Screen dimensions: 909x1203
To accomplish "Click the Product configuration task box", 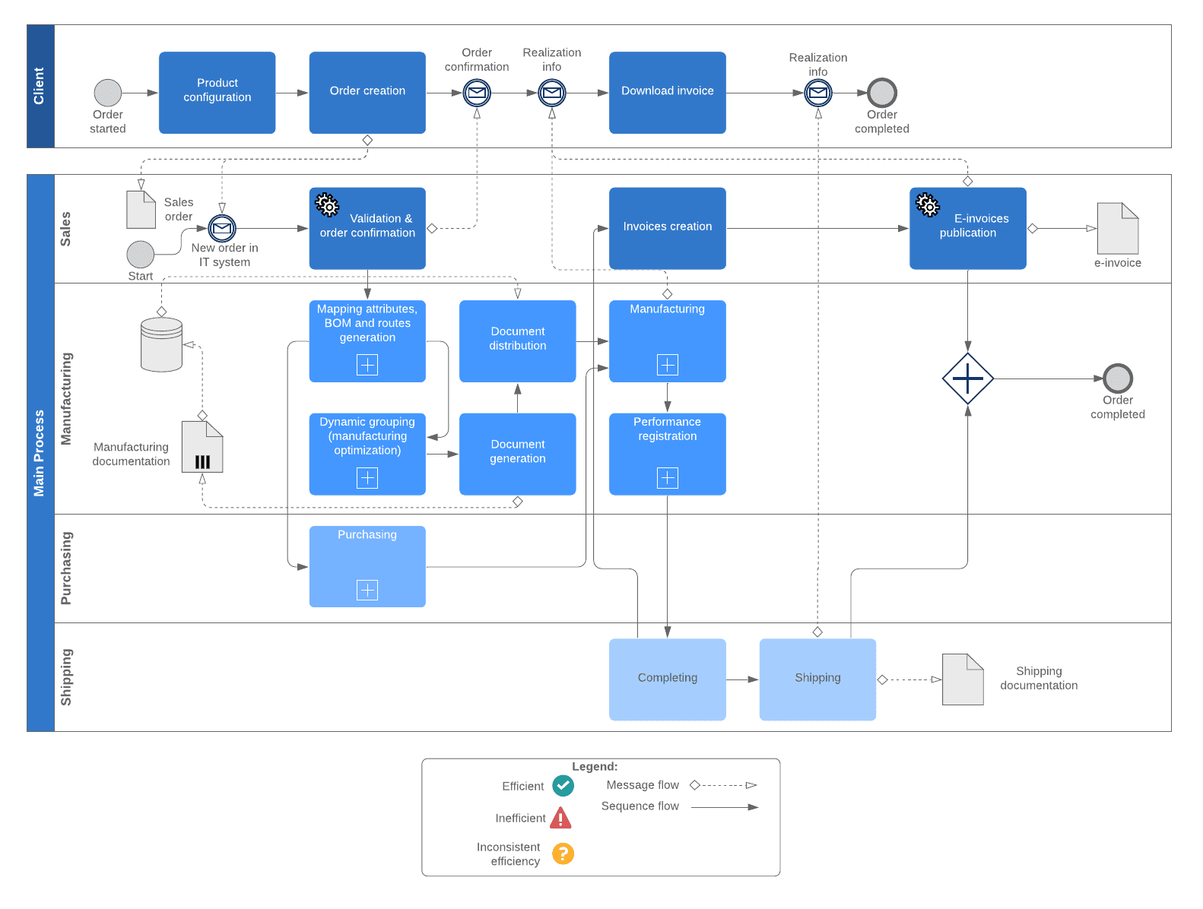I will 217,92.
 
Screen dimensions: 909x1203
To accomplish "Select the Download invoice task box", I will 667,92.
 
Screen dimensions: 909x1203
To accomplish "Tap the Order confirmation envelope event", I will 477,93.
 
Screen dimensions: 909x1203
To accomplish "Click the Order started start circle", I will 108,93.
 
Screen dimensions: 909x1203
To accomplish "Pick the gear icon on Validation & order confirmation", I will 327,204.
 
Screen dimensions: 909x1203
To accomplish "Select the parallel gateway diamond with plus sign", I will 967,378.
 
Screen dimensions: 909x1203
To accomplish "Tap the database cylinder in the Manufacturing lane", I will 161,344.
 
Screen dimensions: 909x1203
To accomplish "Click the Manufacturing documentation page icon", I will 202,447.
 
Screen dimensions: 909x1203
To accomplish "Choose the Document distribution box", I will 517,340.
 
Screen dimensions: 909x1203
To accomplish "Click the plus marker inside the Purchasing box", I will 367,590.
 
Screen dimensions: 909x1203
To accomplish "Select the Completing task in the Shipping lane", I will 667,679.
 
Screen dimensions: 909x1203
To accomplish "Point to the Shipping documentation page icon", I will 962,679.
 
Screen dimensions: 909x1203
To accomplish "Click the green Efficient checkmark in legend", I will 563,785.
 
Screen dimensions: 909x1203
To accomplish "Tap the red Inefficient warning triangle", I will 560,819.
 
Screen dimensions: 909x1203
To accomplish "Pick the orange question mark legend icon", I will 563,854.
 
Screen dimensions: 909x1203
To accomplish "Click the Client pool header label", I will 40,86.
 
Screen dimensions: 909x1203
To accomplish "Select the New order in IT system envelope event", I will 222,228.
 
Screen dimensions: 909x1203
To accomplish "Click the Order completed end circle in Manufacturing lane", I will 1117,378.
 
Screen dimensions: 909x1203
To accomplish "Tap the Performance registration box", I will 667,453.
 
